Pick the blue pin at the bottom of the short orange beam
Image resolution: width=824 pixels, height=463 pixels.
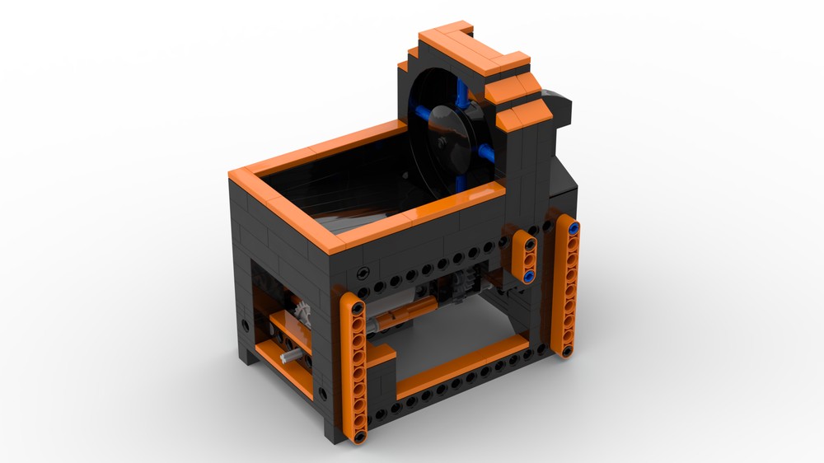[x=529, y=274]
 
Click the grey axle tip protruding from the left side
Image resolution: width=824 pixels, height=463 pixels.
[x=289, y=357]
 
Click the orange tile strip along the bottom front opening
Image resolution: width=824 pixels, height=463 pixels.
[x=461, y=367]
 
